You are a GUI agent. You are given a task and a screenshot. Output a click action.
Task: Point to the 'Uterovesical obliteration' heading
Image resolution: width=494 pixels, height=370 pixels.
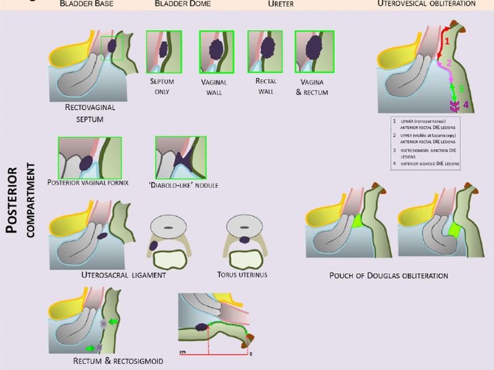[427, 4]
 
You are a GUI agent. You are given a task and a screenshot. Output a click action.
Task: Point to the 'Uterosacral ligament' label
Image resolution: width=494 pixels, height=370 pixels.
[124, 274]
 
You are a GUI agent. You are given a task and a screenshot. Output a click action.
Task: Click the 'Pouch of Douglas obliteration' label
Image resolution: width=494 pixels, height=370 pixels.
[389, 274]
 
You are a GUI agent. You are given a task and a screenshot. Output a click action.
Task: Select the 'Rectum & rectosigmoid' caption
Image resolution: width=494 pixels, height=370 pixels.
[118, 360]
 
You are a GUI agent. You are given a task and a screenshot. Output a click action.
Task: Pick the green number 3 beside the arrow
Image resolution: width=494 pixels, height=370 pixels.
[460, 89]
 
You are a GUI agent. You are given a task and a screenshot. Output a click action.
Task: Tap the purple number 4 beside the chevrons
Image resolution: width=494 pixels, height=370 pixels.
[466, 105]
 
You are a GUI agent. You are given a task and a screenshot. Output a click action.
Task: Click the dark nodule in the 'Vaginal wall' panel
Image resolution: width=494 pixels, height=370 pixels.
[216, 49]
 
